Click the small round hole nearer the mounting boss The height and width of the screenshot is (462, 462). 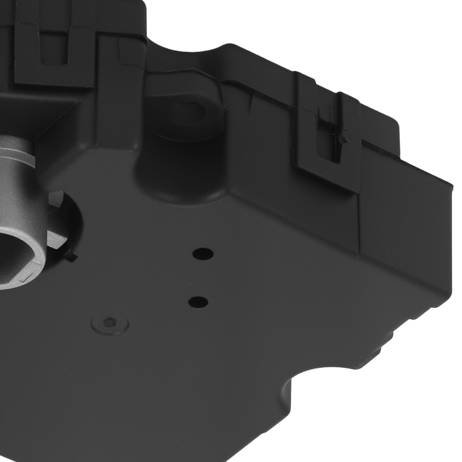point(203,253)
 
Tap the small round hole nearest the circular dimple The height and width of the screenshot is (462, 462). point(198,302)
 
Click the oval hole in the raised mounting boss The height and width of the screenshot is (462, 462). point(187,111)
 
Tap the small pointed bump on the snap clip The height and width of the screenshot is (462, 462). point(342,138)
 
